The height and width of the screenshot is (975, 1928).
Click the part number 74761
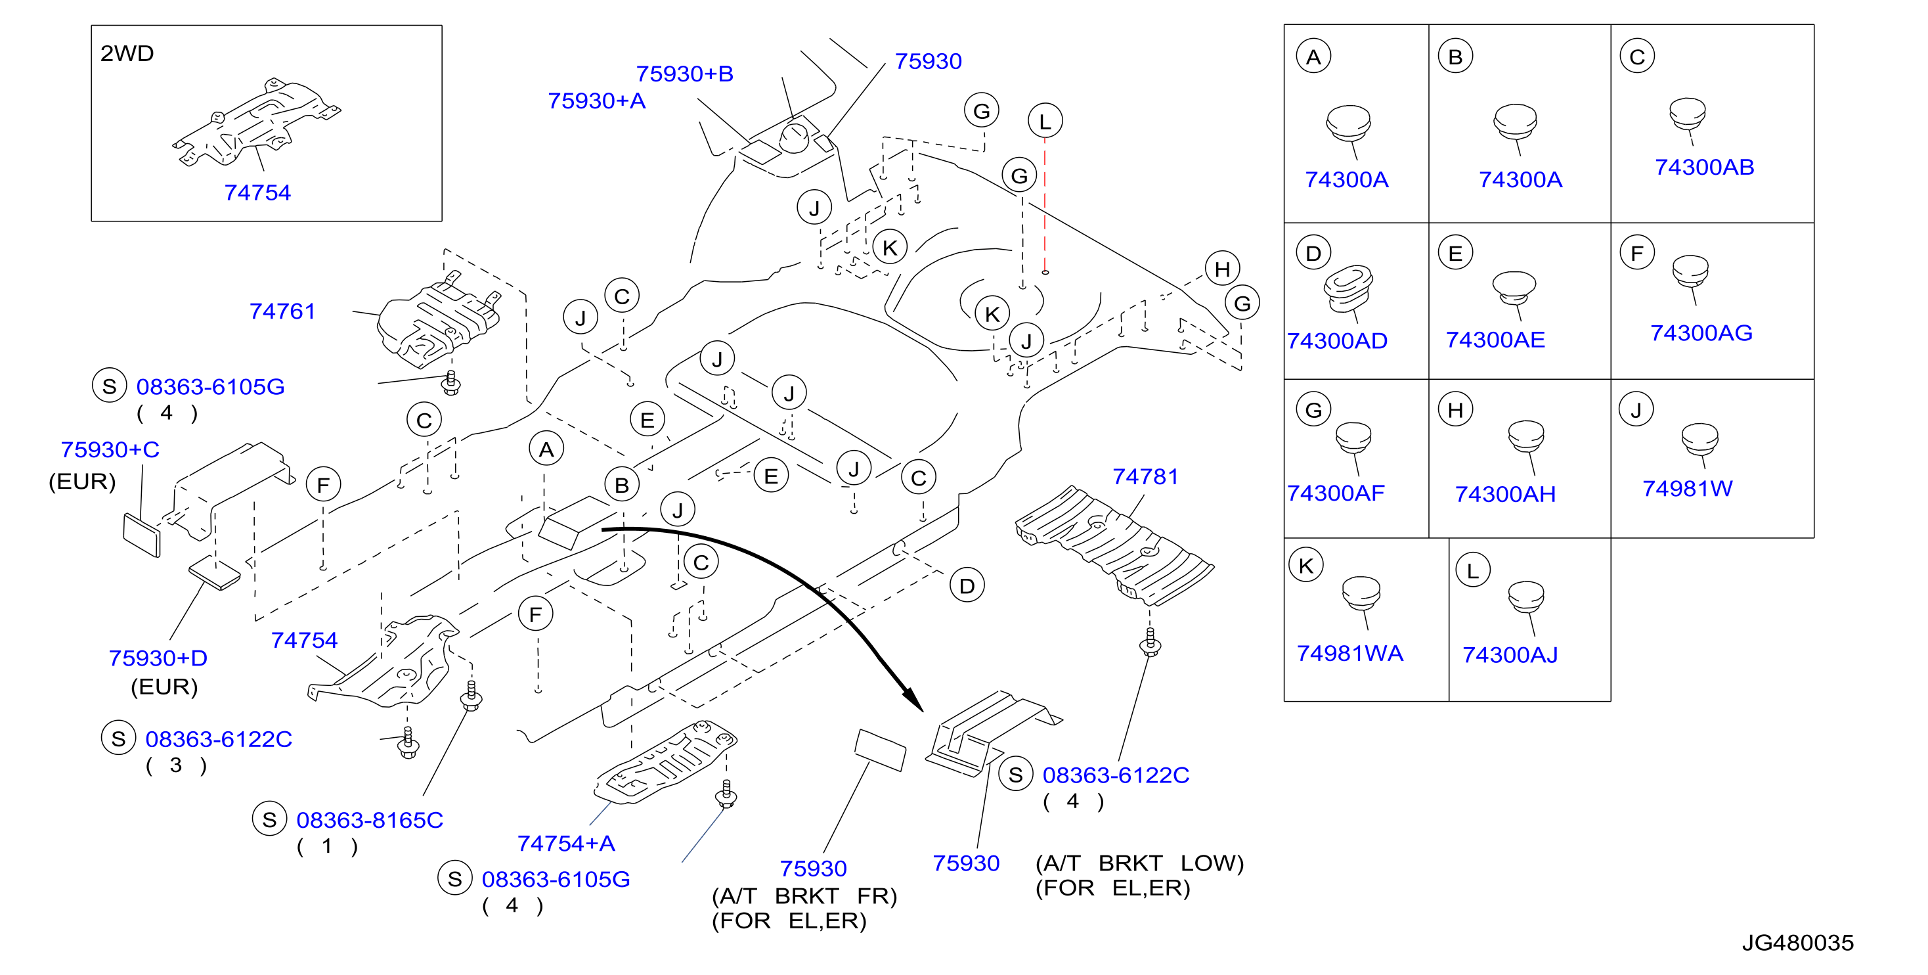(x=282, y=311)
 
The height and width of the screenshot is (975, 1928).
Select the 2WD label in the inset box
(x=127, y=53)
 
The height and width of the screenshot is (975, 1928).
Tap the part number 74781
(x=1145, y=476)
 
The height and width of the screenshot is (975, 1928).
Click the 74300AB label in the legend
(x=1704, y=167)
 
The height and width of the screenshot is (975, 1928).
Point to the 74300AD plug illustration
(x=1349, y=289)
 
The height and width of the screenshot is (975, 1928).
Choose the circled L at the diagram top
(x=1045, y=121)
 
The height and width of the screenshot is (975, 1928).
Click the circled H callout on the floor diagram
(x=1222, y=268)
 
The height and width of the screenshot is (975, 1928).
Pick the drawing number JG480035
(x=1798, y=942)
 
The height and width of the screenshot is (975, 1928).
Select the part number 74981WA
(x=1349, y=653)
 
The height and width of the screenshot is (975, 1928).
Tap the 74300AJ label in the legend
(x=1510, y=655)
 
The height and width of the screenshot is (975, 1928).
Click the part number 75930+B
(x=685, y=74)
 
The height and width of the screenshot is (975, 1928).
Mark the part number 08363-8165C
(x=370, y=820)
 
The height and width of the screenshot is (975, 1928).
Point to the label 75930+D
(x=158, y=658)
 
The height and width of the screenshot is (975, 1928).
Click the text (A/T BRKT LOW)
(x=1139, y=863)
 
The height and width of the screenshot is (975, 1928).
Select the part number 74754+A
(x=566, y=843)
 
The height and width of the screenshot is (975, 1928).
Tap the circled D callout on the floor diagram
(x=967, y=585)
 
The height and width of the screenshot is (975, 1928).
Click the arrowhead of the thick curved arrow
(x=915, y=700)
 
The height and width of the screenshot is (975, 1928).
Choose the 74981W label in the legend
(x=1687, y=488)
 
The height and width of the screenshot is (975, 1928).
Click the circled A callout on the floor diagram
(x=546, y=449)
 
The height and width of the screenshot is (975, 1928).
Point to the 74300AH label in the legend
(x=1505, y=494)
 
